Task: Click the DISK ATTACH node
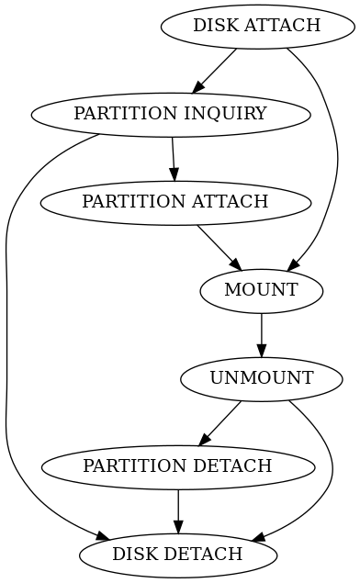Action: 256,26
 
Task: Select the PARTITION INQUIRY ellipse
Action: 170,114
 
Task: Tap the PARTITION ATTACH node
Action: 174,202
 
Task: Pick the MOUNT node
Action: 262,290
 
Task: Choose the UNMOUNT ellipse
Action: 262,378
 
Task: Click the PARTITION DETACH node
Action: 177,466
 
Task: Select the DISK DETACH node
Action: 177,555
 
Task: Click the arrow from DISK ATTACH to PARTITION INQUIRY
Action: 215,70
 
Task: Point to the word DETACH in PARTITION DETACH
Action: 239,466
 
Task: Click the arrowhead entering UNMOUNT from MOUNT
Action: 262,350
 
